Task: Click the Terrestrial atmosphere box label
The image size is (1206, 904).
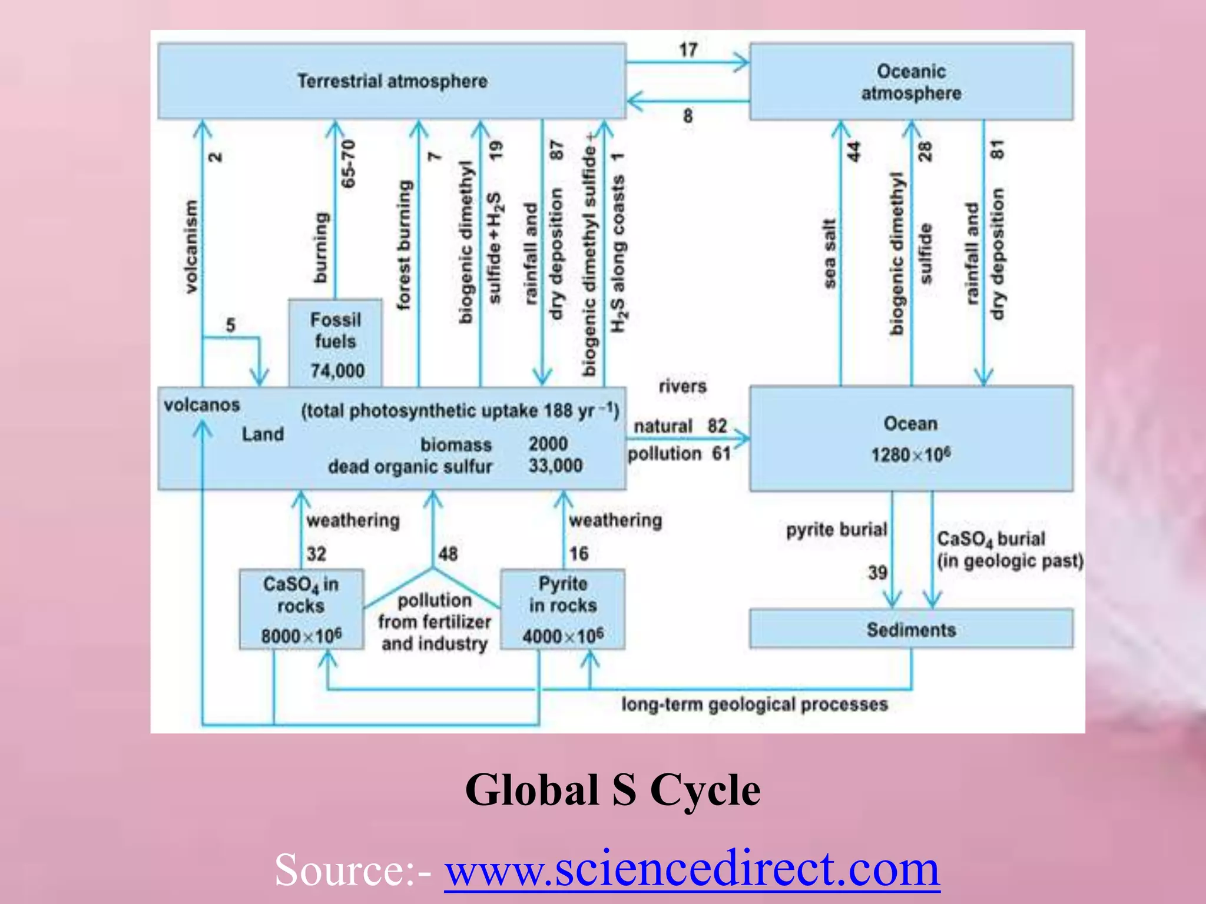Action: coord(392,81)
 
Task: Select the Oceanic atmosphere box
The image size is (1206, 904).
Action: coord(911,82)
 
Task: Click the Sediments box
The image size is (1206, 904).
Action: coord(911,630)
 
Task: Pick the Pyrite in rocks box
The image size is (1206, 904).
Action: coord(563,609)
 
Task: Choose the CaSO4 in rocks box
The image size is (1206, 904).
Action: coord(301,609)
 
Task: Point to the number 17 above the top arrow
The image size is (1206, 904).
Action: coord(688,50)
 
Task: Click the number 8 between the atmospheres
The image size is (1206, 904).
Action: coord(688,116)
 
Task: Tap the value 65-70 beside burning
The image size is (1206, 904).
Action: coord(349,164)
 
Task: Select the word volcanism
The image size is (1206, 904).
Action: coord(191,247)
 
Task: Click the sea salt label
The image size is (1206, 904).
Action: coord(829,254)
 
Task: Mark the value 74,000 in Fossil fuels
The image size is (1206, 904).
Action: coord(337,371)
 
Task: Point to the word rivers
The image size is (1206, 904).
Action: coord(682,387)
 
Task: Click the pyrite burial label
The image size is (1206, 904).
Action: coord(836,530)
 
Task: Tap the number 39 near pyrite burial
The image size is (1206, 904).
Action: coord(877,573)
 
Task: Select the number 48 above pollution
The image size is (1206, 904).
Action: coord(448,554)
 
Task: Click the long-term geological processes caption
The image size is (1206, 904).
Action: coord(754,704)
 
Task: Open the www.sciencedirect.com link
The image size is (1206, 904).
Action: coord(692,869)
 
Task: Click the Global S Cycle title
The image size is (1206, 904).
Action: coord(612,790)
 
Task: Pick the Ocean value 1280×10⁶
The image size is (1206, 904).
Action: coord(910,455)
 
